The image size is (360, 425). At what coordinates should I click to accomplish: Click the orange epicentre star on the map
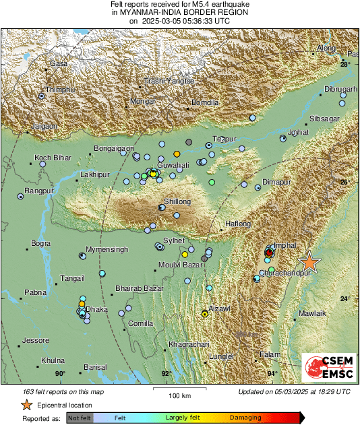[309, 262]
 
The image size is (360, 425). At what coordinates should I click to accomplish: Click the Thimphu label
[59, 90]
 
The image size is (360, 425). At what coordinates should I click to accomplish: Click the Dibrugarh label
[340, 89]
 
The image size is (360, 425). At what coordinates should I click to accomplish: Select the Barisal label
[95, 367]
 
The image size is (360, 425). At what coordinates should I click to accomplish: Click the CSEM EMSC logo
[326, 369]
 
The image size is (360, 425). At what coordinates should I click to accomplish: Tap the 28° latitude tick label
[345, 64]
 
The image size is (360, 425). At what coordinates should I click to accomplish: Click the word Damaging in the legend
[245, 418]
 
